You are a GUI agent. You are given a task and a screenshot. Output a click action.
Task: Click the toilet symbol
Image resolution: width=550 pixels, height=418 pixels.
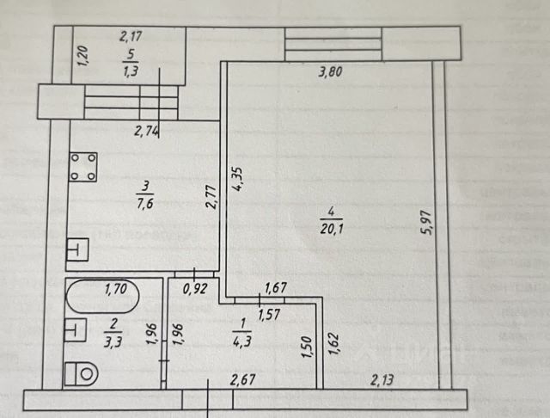(82, 373)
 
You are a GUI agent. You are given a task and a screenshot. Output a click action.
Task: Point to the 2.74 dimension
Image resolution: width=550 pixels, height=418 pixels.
(149, 132)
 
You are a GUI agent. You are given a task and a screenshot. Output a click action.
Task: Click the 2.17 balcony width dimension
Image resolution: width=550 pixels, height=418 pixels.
(131, 36)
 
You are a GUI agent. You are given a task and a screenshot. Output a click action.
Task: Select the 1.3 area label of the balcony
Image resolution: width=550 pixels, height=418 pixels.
(131, 71)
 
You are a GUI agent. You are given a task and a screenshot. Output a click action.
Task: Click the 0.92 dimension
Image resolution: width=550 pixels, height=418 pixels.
(197, 289)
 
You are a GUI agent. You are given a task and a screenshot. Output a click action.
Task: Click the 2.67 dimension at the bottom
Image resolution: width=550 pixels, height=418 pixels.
(244, 378)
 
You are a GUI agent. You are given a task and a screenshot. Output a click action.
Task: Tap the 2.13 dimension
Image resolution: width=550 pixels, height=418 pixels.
(384, 378)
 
